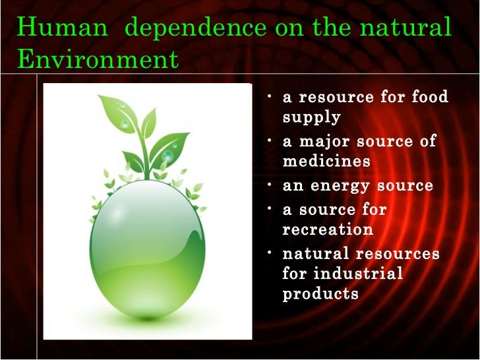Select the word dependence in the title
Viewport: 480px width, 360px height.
tap(195, 28)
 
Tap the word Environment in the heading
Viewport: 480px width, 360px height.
tap(98, 59)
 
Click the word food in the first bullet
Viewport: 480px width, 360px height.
tap(429, 98)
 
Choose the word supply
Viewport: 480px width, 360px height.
tap(311, 118)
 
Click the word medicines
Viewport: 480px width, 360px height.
tap(326, 161)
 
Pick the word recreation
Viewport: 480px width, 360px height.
tap(328, 229)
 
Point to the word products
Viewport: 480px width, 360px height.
tap(320, 293)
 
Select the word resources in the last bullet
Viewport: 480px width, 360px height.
tap(398, 253)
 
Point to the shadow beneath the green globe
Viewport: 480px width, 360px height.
tap(148, 322)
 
